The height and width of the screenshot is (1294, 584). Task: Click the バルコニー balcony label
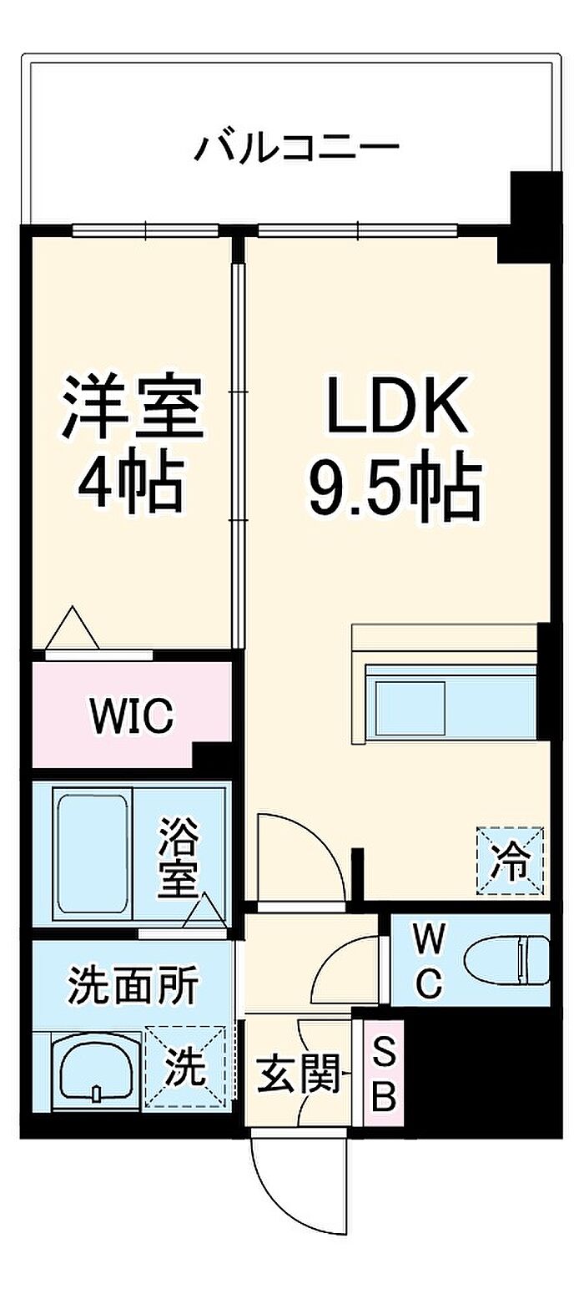coord(297,148)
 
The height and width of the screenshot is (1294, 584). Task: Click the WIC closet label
coord(131,714)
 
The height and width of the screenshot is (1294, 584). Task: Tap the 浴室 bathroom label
coord(178,857)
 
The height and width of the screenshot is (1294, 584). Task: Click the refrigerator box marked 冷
coord(509,860)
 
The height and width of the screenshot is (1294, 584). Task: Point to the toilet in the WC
coord(506,960)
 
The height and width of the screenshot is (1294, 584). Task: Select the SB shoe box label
coord(383,1073)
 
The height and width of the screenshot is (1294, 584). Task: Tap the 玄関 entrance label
coord(298,1074)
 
